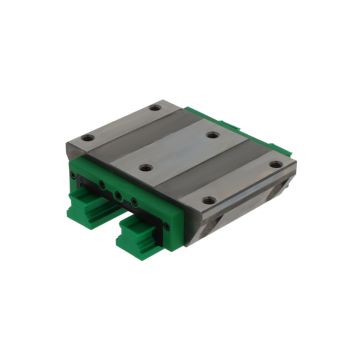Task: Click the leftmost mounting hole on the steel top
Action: click(x=89, y=138)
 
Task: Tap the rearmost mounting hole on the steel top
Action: click(x=155, y=107)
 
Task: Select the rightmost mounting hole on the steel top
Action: click(x=275, y=164)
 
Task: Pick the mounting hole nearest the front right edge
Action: click(x=208, y=200)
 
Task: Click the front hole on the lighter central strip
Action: click(x=147, y=169)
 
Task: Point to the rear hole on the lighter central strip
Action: click(x=213, y=133)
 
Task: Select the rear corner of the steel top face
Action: click(x=174, y=99)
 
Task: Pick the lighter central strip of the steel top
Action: click(x=180, y=151)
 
